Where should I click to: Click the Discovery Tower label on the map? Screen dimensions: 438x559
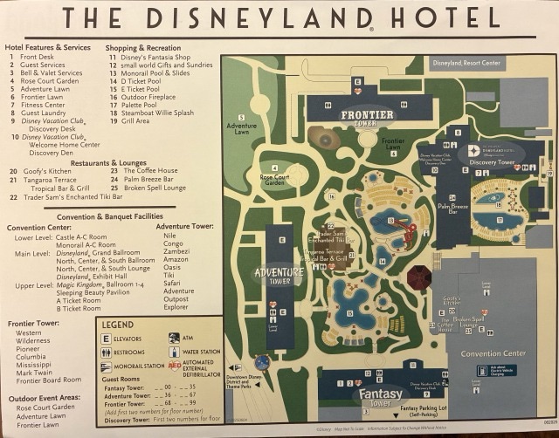493,161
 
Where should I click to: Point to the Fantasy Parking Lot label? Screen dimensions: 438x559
437,408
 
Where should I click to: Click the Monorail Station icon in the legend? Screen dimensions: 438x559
107,366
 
